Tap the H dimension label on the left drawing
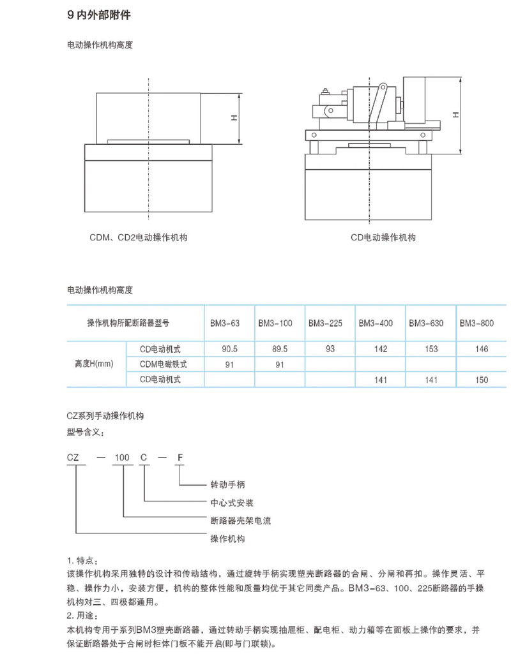point(234,118)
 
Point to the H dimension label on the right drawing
point(455,115)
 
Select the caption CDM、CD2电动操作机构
point(139,237)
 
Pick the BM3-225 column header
point(325,323)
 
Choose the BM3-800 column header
point(477,323)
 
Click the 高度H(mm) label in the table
point(94,364)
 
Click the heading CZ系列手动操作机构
point(105,415)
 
